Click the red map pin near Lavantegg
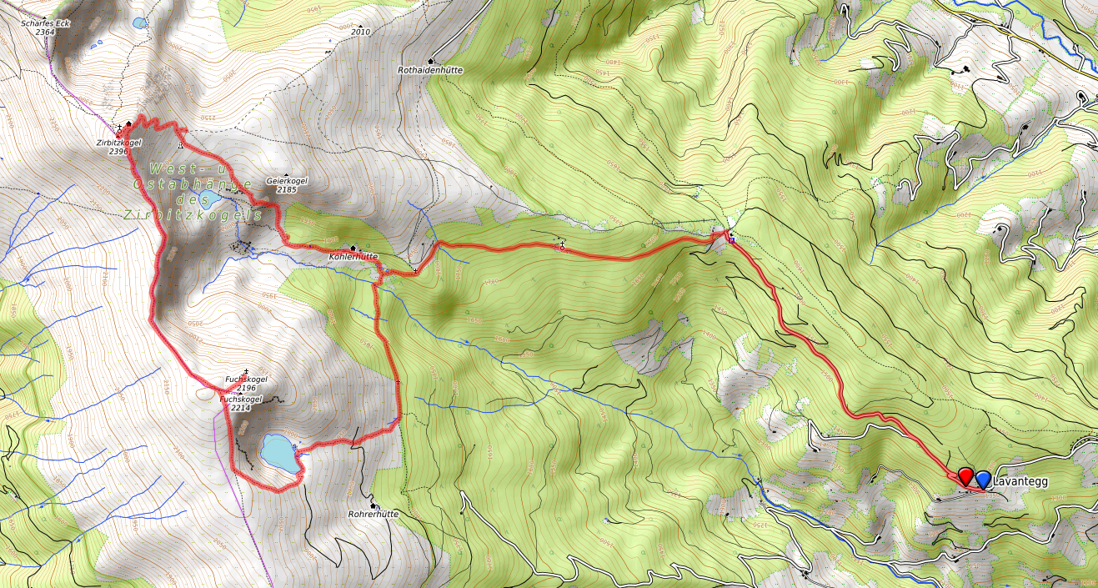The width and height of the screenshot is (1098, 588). click(x=965, y=476)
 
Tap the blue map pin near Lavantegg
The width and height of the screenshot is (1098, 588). click(x=983, y=479)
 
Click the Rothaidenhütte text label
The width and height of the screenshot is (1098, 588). click(x=430, y=71)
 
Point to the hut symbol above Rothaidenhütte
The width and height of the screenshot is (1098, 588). click(x=431, y=61)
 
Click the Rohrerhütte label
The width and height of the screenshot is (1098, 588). click(x=374, y=515)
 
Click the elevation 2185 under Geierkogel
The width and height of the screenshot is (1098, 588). click(x=286, y=190)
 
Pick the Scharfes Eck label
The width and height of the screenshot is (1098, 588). click(x=45, y=23)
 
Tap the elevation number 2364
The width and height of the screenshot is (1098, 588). click(x=57, y=32)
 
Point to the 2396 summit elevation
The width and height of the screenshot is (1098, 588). click(x=118, y=152)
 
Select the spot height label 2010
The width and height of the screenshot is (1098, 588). click(x=360, y=32)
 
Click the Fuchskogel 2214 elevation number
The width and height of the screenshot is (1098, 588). click(x=239, y=409)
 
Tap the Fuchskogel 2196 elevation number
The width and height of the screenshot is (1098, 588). click(x=246, y=389)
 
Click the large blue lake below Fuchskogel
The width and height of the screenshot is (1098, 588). click(x=278, y=453)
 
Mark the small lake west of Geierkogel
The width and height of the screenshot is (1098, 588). click(x=209, y=199)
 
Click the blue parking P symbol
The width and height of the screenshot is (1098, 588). click(x=731, y=241)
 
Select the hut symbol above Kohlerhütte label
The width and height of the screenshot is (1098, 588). click(x=353, y=248)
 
